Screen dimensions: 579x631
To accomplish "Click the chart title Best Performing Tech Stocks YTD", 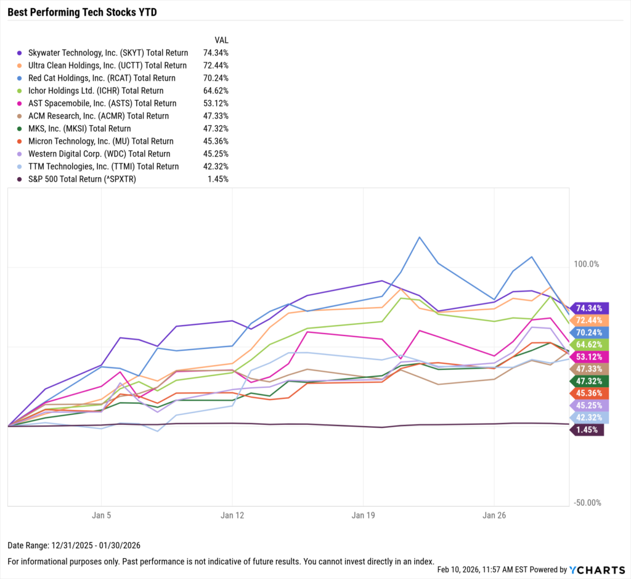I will [82, 12].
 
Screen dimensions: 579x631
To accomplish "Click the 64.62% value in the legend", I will [216, 91].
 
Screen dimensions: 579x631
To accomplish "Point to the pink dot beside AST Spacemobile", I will [20, 104].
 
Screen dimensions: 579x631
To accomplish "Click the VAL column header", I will [221, 39].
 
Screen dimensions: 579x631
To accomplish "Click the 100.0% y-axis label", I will [586, 264].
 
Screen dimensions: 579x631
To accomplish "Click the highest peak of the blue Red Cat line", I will [419, 237].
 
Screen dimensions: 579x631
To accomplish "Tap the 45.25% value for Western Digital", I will [216, 154].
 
